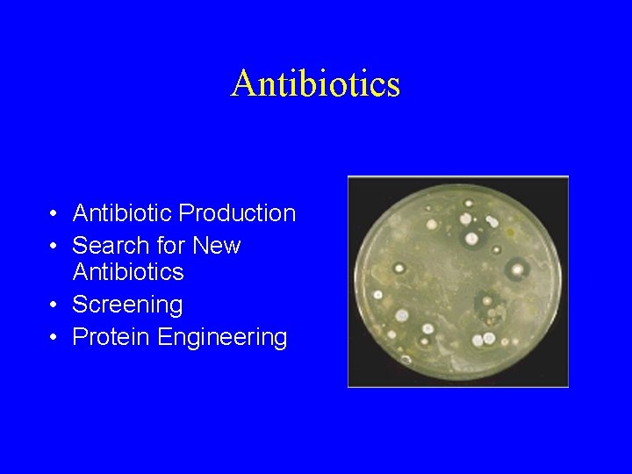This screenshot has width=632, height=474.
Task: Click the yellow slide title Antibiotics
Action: [x=316, y=84]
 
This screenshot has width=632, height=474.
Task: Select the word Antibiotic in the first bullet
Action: [x=122, y=213]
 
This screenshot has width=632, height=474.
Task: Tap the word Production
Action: [x=237, y=213]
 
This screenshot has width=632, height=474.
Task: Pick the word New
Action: [x=217, y=246]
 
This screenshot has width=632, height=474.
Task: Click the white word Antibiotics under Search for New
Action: [x=128, y=272]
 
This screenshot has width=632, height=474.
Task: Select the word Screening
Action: [x=127, y=305]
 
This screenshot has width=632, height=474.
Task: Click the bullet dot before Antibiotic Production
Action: [x=54, y=214]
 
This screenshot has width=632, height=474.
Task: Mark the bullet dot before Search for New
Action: [x=54, y=247]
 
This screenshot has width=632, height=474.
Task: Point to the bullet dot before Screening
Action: [x=54, y=305]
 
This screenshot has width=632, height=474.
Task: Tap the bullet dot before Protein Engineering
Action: [x=54, y=338]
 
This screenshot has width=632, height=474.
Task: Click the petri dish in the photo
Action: [x=457, y=281]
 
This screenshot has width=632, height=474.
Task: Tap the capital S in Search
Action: [x=80, y=246]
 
